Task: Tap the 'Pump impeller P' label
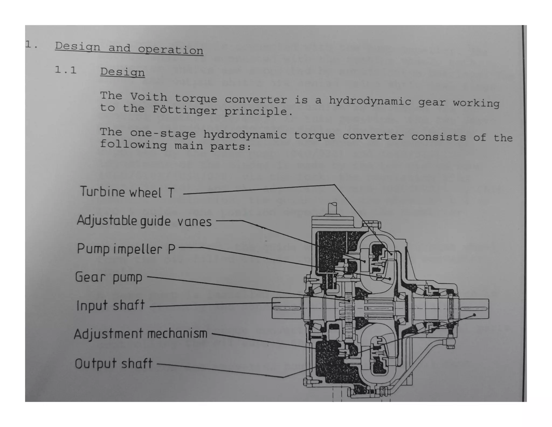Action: [x=126, y=249]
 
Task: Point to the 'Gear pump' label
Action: [x=109, y=277]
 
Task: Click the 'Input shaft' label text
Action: [x=111, y=306]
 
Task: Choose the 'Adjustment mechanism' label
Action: [x=141, y=334]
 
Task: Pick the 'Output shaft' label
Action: [x=113, y=364]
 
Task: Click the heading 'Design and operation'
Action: [x=129, y=48]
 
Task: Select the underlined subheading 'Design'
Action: [x=122, y=72]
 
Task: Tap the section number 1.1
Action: [x=65, y=70]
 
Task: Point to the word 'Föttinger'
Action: [x=185, y=110]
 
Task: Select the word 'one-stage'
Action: [x=163, y=134]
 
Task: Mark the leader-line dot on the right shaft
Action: [x=475, y=315]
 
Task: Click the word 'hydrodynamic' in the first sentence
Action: [x=370, y=101]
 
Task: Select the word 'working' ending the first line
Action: [x=476, y=103]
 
